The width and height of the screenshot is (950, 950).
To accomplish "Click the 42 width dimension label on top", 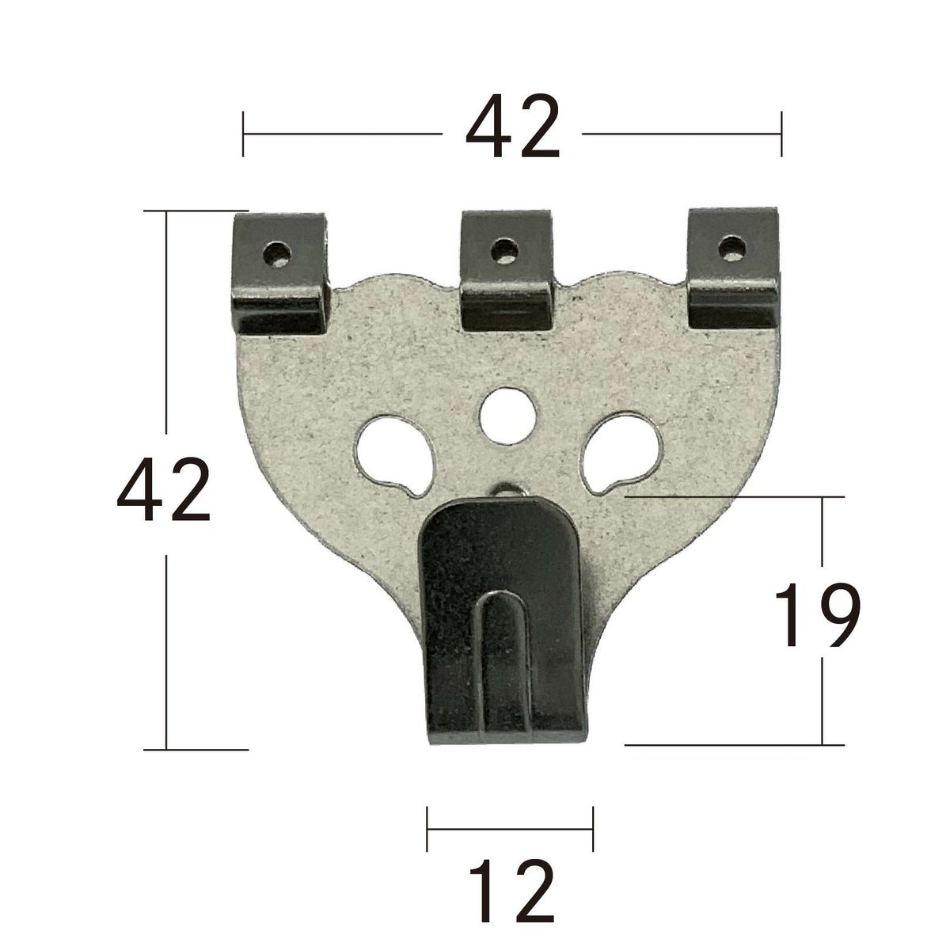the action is click(x=512, y=126).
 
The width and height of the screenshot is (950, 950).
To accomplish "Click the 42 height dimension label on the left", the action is click(x=164, y=489).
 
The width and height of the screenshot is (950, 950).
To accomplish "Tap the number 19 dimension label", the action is click(x=817, y=614).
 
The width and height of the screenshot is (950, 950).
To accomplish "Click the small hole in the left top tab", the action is click(x=277, y=253).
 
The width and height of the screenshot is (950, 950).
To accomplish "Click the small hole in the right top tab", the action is click(x=731, y=248).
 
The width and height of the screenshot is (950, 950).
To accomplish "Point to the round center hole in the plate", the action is click(x=507, y=415).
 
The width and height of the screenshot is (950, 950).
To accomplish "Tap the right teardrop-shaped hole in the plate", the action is click(x=621, y=454).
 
